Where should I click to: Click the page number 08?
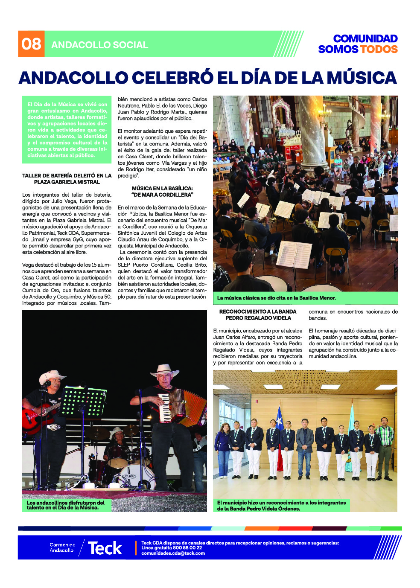click(x=31, y=44)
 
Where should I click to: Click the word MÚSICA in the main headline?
click(x=362, y=78)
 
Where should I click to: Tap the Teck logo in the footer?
click(x=105, y=548)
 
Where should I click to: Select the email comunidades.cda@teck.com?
click(x=173, y=553)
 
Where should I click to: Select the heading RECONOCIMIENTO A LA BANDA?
click(x=258, y=312)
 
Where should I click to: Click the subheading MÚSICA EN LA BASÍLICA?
click(x=162, y=188)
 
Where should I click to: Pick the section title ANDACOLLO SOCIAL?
click(x=99, y=45)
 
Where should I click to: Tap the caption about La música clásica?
click(x=276, y=298)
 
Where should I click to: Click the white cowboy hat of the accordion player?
click(x=164, y=370)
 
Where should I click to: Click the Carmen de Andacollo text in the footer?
click(x=62, y=547)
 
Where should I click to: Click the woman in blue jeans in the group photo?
click(x=224, y=450)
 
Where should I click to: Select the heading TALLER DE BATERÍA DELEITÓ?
click(x=67, y=179)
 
